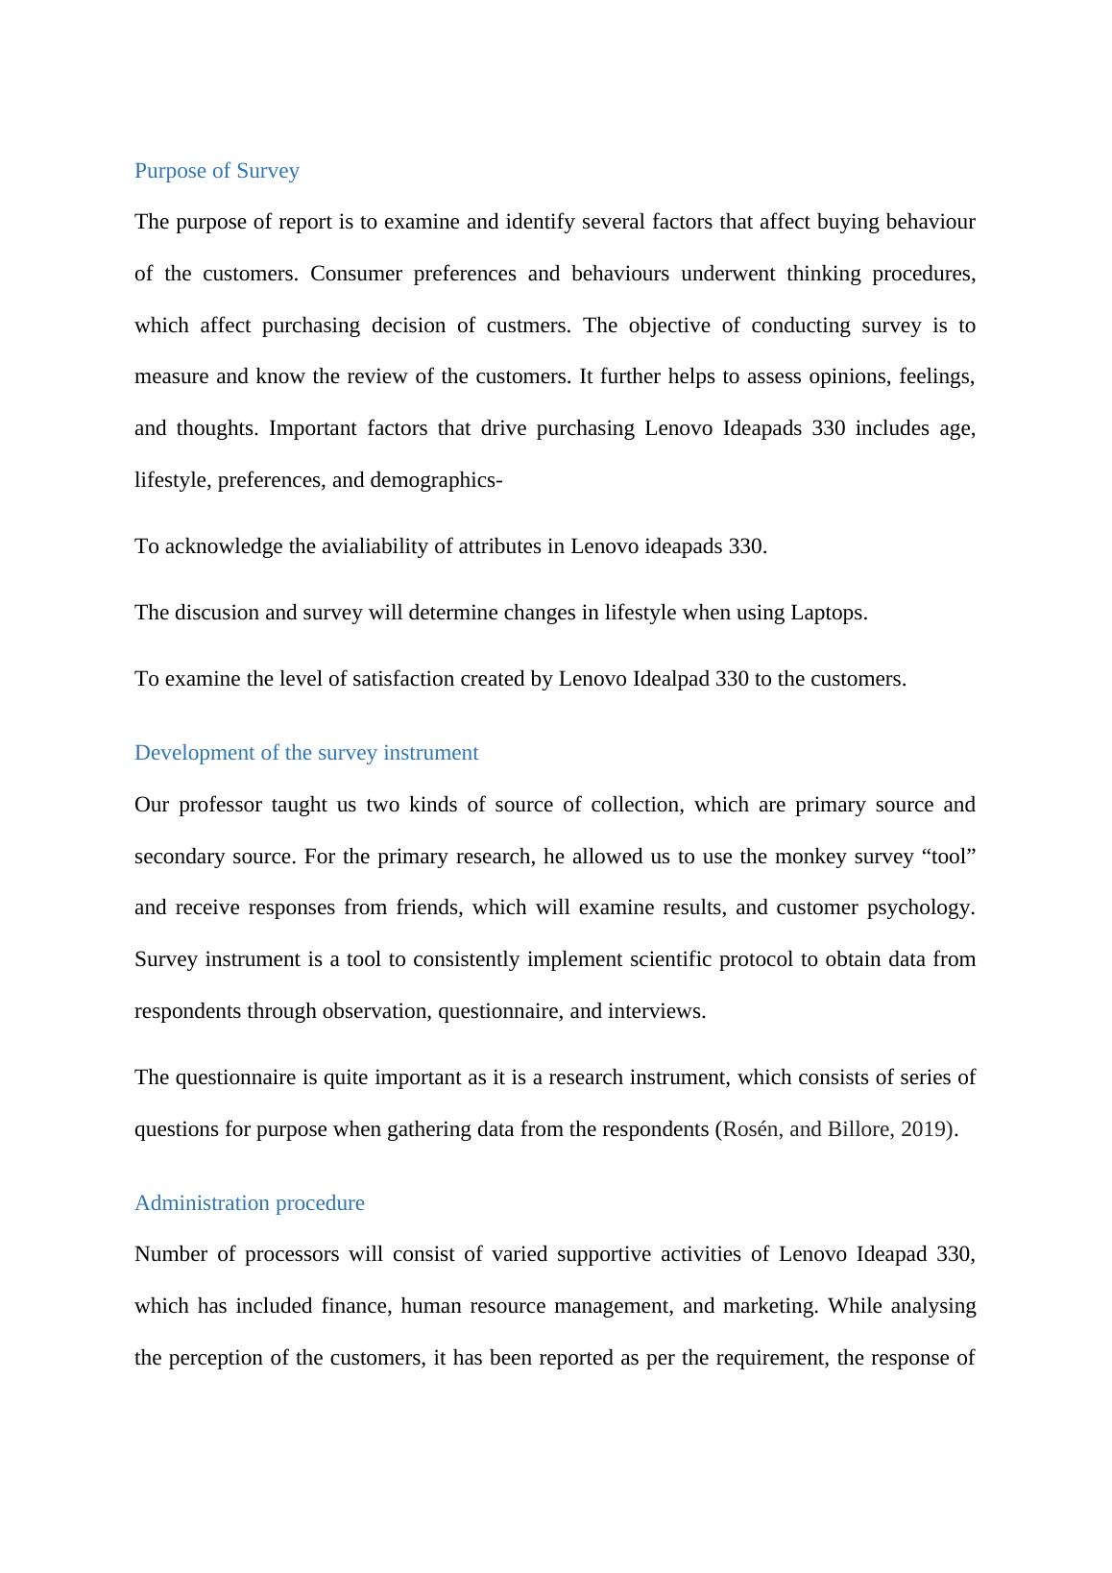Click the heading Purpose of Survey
[217, 171]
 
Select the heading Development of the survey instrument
[306, 753]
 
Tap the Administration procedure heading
[250, 1203]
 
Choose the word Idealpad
[671, 679]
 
